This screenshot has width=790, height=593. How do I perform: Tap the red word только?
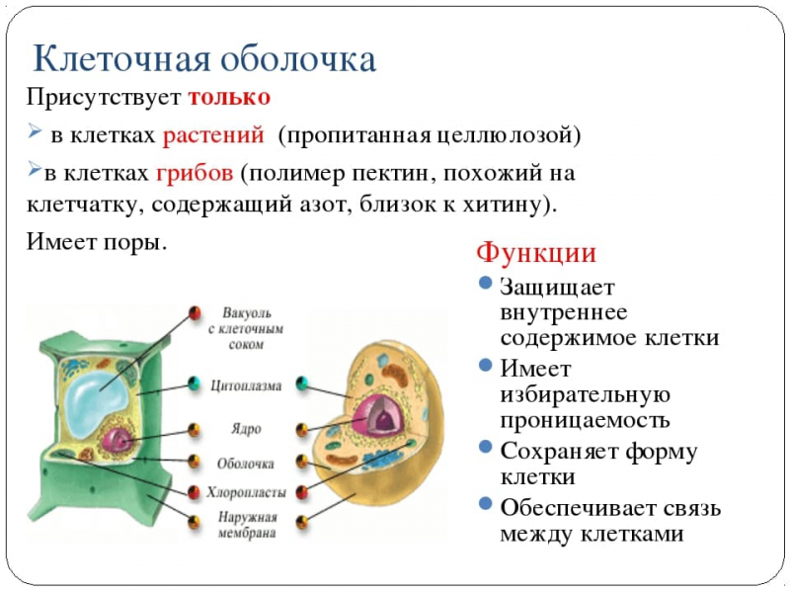click(x=229, y=99)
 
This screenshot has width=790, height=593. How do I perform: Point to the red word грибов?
click(x=194, y=173)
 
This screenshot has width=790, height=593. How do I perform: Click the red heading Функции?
click(x=537, y=253)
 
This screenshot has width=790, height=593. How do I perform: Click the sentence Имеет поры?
click(x=96, y=241)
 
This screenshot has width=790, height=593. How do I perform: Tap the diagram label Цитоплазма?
click(x=246, y=385)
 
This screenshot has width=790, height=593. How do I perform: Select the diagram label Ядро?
click(x=246, y=430)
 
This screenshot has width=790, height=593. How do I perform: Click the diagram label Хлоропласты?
click(x=246, y=491)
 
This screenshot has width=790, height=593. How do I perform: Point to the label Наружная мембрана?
click(x=246, y=526)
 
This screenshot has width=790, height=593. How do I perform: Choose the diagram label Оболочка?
click(x=246, y=462)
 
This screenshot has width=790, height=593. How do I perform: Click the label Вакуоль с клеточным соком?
click(x=246, y=326)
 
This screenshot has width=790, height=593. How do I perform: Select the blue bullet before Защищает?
click(x=485, y=283)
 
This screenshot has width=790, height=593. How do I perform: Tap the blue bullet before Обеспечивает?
click(x=485, y=504)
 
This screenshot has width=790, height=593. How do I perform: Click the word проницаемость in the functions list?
click(x=585, y=420)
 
